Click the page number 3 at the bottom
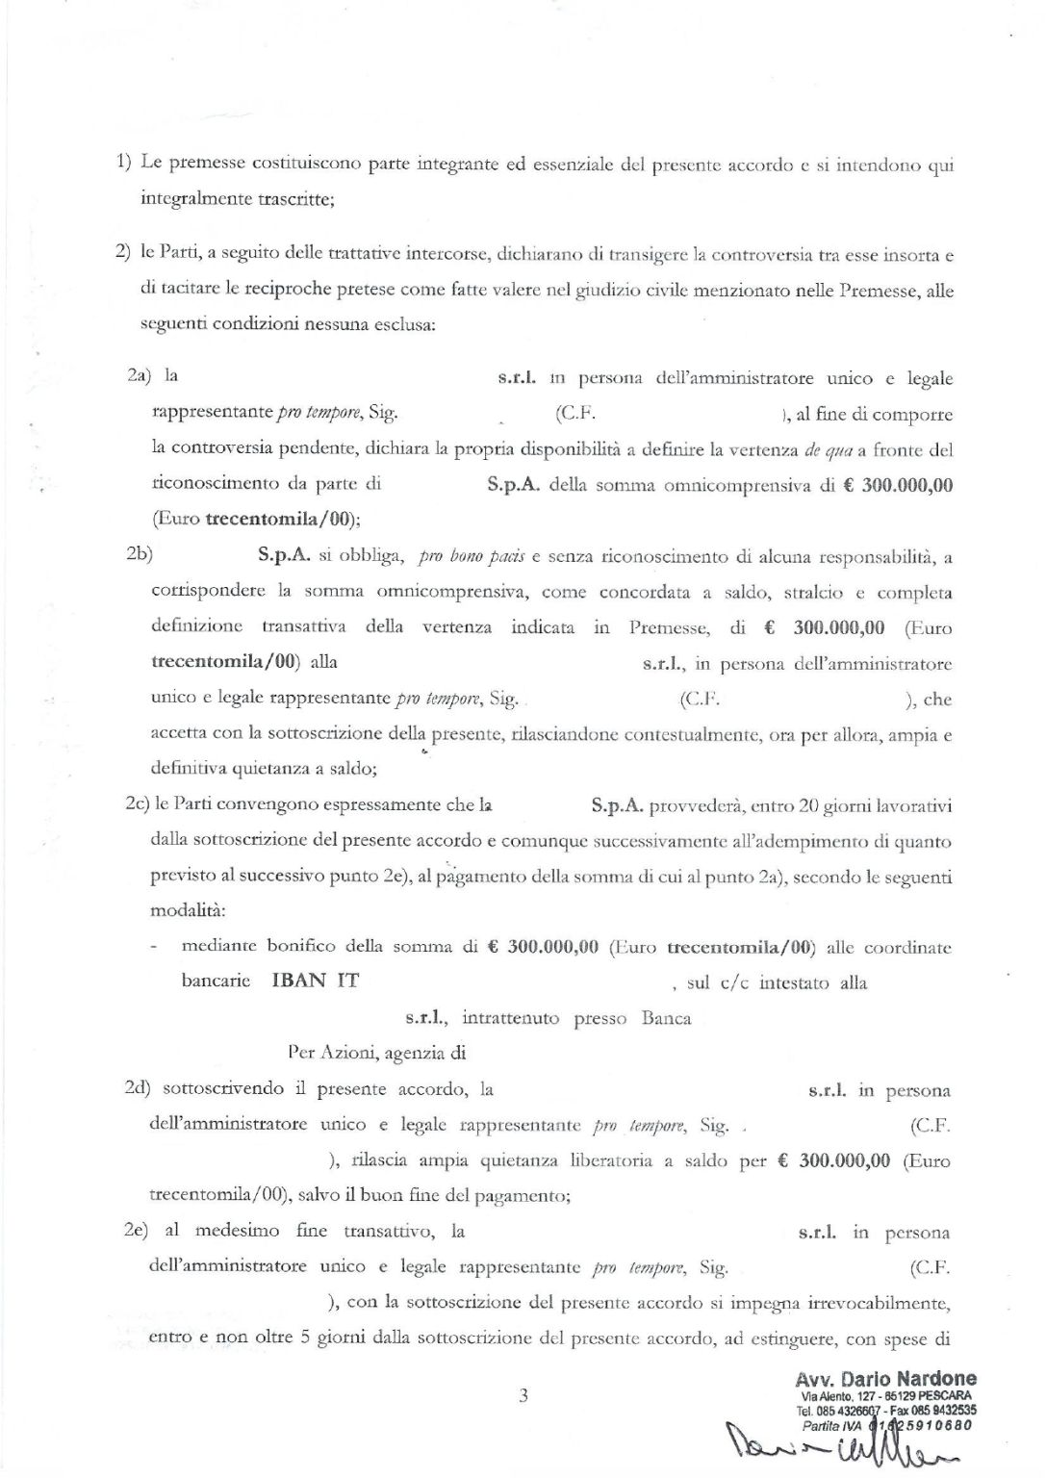pos(523,1395)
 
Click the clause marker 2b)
pos(140,555)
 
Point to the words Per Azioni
pos(329,1053)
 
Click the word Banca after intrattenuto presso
pos(666,1018)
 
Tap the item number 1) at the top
pos(124,163)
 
